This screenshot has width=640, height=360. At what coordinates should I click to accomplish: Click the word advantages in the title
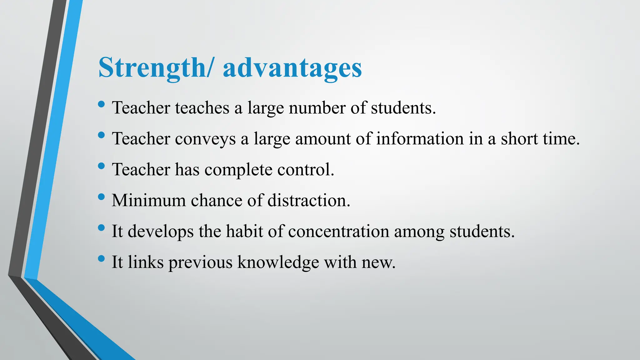[x=292, y=68]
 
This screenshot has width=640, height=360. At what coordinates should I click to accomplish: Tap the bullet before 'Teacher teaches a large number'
[x=101, y=104]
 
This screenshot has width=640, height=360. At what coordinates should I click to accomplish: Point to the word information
[x=420, y=139]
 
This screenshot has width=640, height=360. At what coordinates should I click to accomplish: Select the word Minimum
[x=148, y=200]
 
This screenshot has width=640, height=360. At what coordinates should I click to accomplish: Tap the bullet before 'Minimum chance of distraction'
[x=101, y=197]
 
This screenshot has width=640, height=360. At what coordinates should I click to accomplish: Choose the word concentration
[x=338, y=231]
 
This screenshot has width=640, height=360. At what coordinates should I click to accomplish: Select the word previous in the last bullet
[x=200, y=262]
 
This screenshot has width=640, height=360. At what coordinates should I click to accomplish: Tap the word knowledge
[x=278, y=262]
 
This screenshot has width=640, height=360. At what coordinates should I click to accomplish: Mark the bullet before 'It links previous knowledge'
[x=101, y=258]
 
